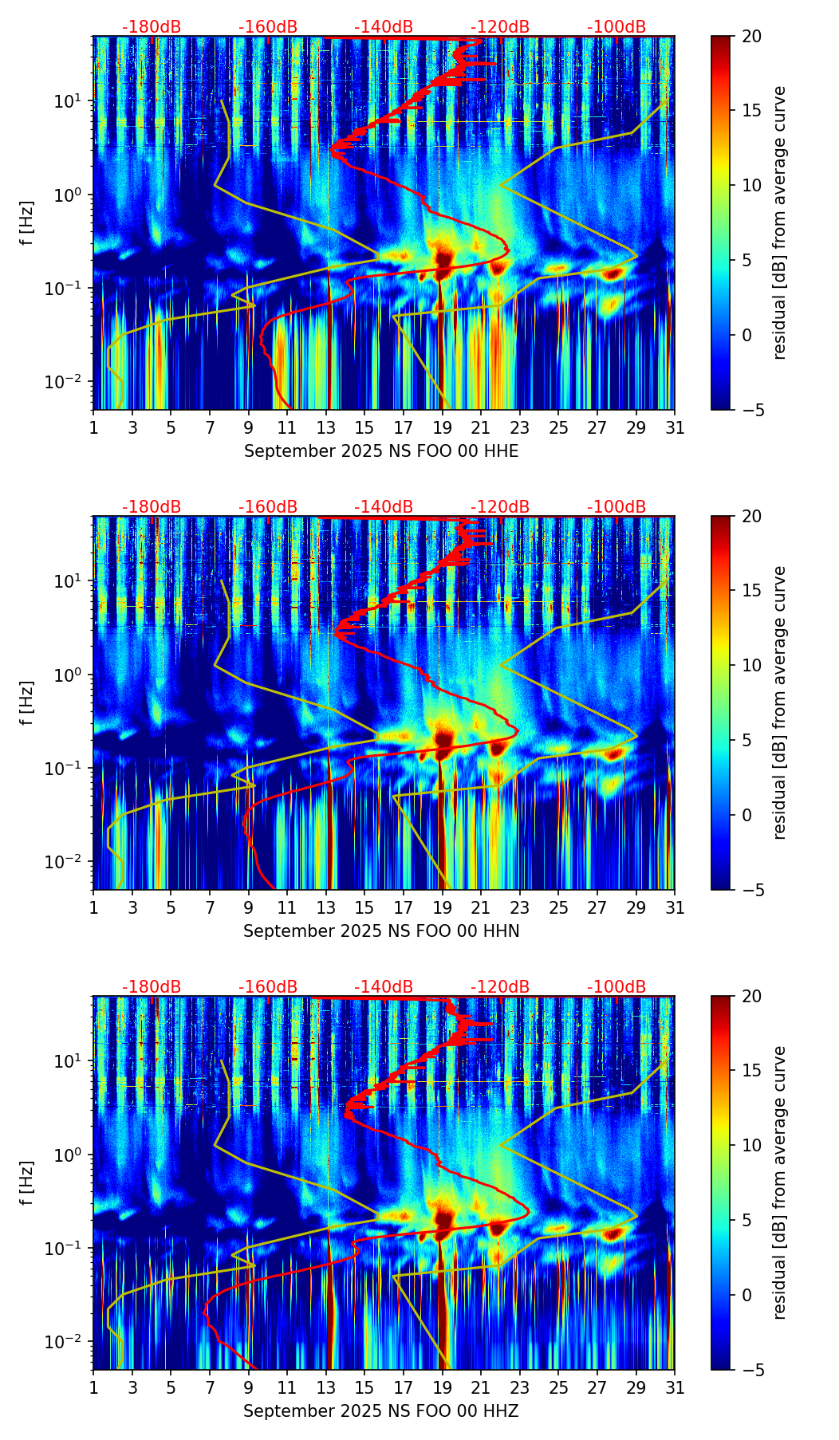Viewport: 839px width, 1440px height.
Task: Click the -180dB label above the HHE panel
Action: tap(152, 27)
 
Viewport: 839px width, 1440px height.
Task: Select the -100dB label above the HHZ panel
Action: tap(616, 987)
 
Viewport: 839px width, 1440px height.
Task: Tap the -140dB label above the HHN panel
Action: tap(384, 507)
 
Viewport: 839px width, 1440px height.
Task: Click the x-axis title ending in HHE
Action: tap(381, 451)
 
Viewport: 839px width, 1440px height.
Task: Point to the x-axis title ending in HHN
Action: tap(381, 931)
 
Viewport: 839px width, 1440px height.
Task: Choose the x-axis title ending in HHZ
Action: tap(381, 1411)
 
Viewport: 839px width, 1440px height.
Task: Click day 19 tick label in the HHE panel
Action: tap(443, 428)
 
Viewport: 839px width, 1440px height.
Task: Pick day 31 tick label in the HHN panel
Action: tap(675, 908)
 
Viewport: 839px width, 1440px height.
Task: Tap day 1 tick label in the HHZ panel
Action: tap(93, 1388)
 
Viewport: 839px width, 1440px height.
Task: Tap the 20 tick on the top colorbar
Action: tap(751, 37)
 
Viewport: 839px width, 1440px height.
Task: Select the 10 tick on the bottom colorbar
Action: tap(751, 1146)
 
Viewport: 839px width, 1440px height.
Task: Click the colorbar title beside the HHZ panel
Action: tap(780, 1182)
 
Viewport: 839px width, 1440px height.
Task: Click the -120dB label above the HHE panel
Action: tap(500, 27)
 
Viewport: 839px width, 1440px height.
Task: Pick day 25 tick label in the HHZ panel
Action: tap(558, 1388)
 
